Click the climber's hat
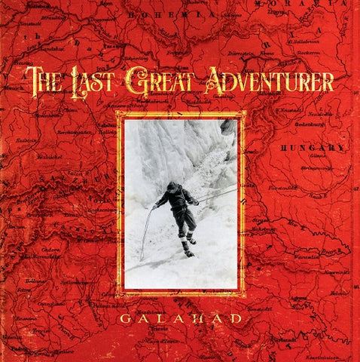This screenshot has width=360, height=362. click(172, 186)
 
